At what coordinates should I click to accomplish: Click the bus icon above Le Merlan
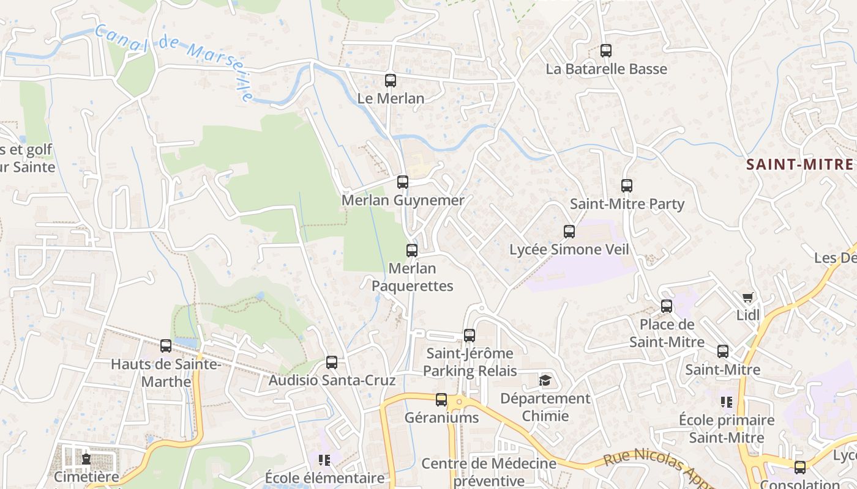tap(390, 80)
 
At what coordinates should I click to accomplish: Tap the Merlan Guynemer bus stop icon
tap(402, 182)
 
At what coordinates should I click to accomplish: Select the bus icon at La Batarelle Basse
tap(605, 51)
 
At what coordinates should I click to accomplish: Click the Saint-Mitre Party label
tap(627, 204)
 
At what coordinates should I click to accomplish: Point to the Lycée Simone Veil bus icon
tap(569, 232)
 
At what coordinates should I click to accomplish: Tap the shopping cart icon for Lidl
tap(747, 298)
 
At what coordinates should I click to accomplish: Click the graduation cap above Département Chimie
tap(544, 381)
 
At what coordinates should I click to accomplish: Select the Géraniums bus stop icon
tap(441, 400)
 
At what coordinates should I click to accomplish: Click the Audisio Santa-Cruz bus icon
tap(331, 362)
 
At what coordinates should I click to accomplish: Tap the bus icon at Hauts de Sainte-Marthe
tap(165, 346)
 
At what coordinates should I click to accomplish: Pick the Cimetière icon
tap(86, 458)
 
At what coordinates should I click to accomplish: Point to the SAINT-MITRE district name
tap(799, 164)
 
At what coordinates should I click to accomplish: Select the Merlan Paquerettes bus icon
tap(411, 250)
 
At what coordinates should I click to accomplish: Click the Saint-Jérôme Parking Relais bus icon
tap(469, 335)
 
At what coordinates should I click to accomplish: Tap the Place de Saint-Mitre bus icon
tap(666, 306)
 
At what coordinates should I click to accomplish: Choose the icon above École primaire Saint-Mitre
tap(726, 402)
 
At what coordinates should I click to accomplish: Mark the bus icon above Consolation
tap(799, 468)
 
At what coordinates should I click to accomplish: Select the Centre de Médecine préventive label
tap(488, 472)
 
